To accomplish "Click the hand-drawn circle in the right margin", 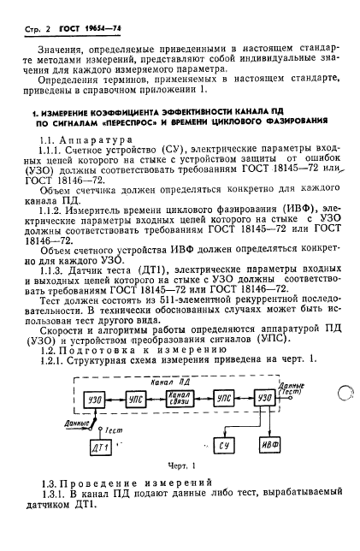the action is (x=341, y=393).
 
